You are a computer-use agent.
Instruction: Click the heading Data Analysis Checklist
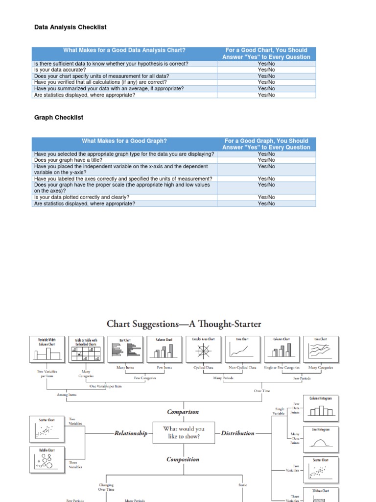pyautogui.click(x=70, y=27)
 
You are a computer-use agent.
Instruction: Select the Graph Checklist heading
pyautogui.click(x=59, y=118)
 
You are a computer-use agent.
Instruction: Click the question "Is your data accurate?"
pyautogui.click(x=60, y=70)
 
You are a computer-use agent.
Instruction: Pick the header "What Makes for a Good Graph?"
pyautogui.click(x=124, y=141)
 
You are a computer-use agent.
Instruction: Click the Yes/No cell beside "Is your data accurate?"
pyautogui.click(x=266, y=70)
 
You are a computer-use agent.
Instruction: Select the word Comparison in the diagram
pyautogui.click(x=183, y=412)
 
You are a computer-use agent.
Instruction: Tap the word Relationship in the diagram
pyautogui.click(x=131, y=433)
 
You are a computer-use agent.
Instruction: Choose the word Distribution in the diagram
pyautogui.click(x=238, y=433)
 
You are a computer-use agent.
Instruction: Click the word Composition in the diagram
pyautogui.click(x=183, y=459)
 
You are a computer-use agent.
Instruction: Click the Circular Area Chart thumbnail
pyautogui.click(x=204, y=350)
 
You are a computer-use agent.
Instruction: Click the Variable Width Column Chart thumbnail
pyautogui.click(x=47, y=350)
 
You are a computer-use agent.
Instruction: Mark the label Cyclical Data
pyautogui.click(x=203, y=367)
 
